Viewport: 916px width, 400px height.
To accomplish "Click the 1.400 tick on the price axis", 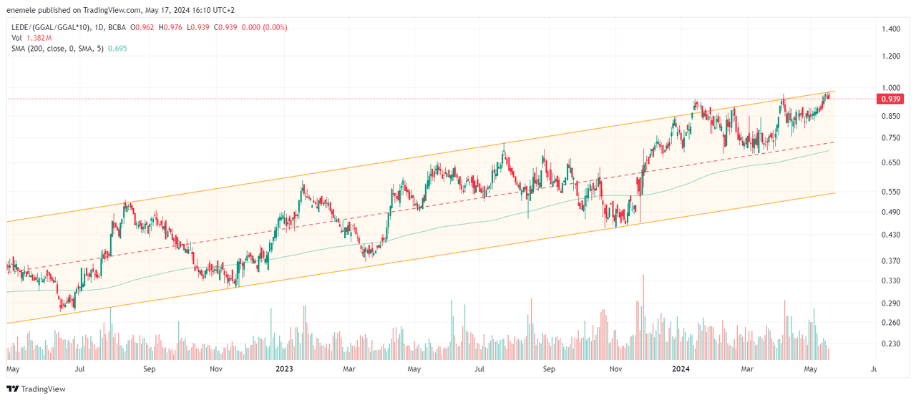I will [x=891, y=29].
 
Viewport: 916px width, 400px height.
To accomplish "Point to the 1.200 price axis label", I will [x=891, y=56].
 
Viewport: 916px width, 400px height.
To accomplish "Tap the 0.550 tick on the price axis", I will [x=891, y=192].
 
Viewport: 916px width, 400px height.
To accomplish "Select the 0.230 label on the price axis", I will [x=891, y=343].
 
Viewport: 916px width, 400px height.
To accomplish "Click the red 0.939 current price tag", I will [x=891, y=99].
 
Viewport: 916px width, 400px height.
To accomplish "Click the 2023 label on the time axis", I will [x=284, y=369].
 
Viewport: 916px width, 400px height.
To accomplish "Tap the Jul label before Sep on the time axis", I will [x=80, y=369].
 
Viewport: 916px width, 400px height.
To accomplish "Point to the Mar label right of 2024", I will [x=747, y=369].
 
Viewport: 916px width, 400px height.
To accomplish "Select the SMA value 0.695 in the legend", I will [x=117, y=47].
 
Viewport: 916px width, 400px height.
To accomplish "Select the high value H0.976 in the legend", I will [x=172, y=27].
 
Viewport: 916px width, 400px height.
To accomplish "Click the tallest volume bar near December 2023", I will [x=643, y=315].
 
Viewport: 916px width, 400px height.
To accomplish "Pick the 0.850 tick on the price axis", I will [x=891, y=116].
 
